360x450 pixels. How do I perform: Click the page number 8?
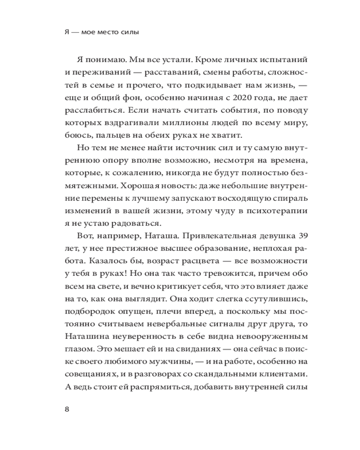(67, 409)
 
